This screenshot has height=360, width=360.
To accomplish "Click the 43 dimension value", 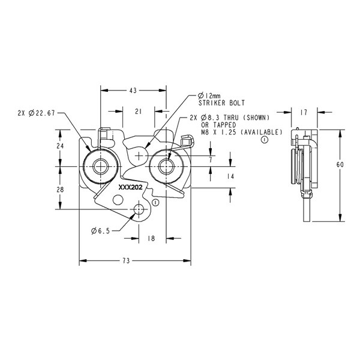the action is click(x=133, y=91).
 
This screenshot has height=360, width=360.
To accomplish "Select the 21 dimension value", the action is click(x=139, y=112).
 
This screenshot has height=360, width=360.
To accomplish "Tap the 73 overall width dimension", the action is click(x=126, y=261).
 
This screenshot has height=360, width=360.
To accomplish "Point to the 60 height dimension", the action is click(x=340, y=164).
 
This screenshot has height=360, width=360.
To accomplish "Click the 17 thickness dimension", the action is click(x=304, y=113).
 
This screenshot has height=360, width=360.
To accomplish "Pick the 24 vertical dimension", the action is click(x=60, y=146).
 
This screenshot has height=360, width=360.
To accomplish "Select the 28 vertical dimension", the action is click(x=60, y=190).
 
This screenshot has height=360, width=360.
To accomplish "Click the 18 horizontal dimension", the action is click(x=151, y=238).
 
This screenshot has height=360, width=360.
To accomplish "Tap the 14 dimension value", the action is click(x=230, y=176).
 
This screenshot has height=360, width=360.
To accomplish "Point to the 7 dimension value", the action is click(x=211, y=160).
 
